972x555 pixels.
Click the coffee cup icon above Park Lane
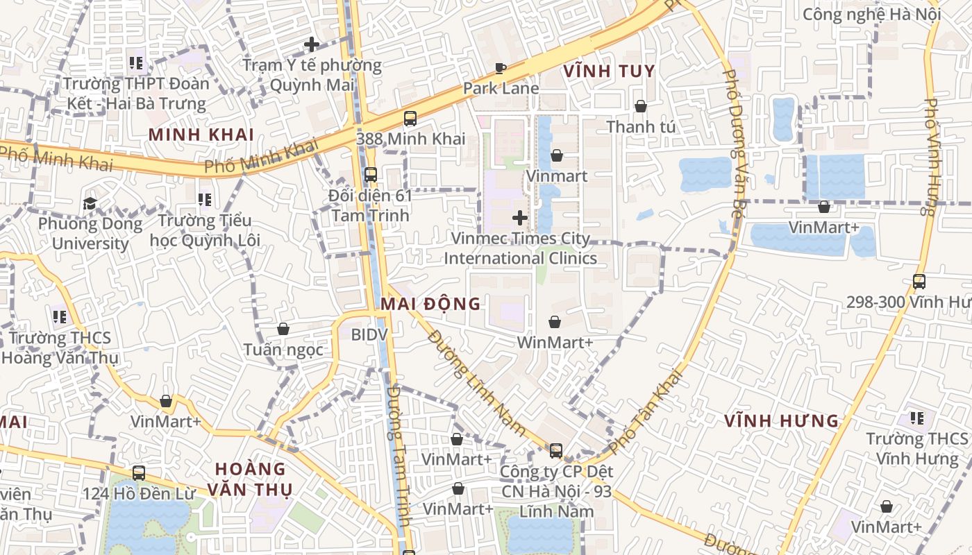pos(500,68)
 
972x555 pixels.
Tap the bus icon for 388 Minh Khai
pos(410,119)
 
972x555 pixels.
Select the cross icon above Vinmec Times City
pos(519,219)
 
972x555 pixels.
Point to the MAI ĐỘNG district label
pos(430,303)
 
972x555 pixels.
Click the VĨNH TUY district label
pos(609,71)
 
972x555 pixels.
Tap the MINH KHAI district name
pos(201,135)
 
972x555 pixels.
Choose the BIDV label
pos(369,335)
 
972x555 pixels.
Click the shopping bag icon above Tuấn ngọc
pos(283,329)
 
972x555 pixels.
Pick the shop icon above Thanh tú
pos(641,106)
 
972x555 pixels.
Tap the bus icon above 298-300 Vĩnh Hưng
pos(919,282)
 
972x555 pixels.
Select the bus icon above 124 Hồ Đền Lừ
pos(139,473)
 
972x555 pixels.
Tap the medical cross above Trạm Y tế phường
pos(312,45)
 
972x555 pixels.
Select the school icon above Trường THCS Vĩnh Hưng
pos(916,418)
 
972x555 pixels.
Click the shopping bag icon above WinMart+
pos(555,322)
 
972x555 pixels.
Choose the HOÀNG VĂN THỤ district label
pos(251,479)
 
